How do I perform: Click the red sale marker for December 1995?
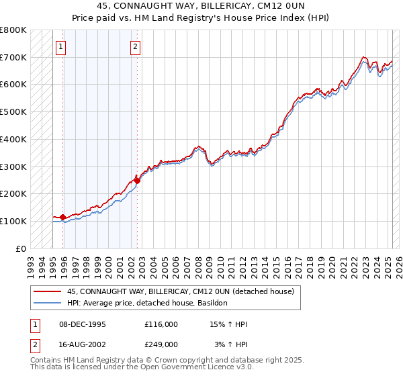63,217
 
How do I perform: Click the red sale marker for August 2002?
137,180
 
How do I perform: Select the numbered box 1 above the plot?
61,46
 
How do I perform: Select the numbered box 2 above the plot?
135,46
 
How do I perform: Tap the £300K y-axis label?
15,167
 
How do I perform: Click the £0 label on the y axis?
21,248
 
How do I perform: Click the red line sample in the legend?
48,292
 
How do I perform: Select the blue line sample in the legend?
48,303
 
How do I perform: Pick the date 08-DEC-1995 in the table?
82,325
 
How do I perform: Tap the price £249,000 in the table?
161,344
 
